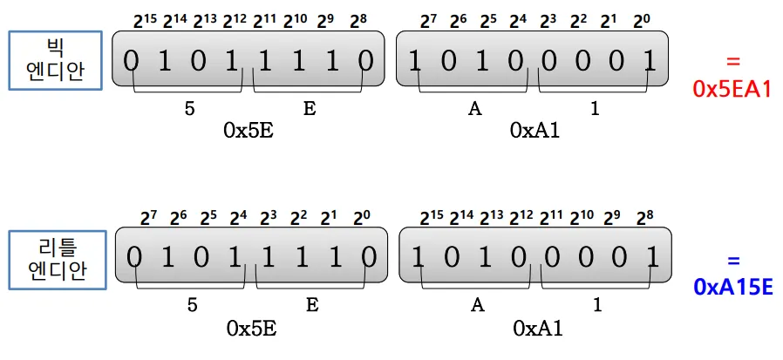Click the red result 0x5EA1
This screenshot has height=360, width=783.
click(x=732, y=88)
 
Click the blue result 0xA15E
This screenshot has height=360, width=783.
click(x=732, y=286)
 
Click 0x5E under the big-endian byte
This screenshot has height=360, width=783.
click(x=249, y=130)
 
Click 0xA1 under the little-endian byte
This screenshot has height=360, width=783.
click(x=538, y=328)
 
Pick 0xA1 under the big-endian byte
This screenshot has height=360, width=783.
click(x=534, y=130)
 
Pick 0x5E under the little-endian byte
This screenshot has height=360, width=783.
click(x=252, y=328)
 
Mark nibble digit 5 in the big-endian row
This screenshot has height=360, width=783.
click(x=189, y=109)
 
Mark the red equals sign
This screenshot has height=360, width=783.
click(x=732, y=61)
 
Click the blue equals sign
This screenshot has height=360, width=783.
click(x=732, y=259)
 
